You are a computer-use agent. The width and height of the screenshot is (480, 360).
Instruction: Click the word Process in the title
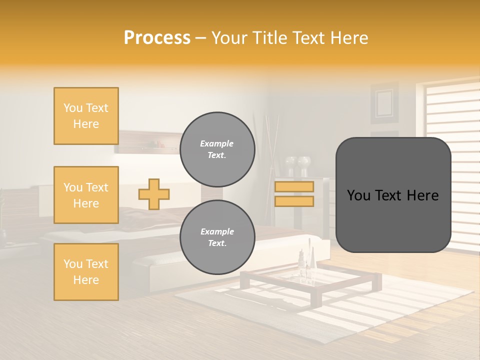pyautogui.click(x=157, y=38)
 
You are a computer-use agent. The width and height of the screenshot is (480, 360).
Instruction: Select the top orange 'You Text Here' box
pyautogui.click(x=86, y=116)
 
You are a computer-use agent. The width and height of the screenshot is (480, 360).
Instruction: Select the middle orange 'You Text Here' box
pyautogui.click(x=86, y=195)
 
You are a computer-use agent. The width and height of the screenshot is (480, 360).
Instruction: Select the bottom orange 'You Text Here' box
pyautogui.click(x=86, y=272)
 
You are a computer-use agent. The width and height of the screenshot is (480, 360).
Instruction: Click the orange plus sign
pyautogui.click(x=154, y=194)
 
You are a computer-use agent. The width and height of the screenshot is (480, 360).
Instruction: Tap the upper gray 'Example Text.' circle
pyautogui.click(x=217, y=149)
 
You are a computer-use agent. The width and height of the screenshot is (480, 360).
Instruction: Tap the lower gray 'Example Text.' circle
pyautogui.click(x=217, y=237)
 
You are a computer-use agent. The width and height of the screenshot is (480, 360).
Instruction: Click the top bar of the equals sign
pyautogui.click(x=294, y=186)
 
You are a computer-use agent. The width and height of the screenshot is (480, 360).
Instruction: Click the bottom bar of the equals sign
pyautogui.click(x=294, y=201)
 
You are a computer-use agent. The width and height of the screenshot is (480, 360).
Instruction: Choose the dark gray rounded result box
pyautogui.click(x=393, y=195)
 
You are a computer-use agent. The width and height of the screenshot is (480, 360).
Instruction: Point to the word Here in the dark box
pyautogui.click(x=421, y=195)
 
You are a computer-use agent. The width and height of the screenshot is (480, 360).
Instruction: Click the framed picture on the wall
pyautogui.click(x=384, y=103)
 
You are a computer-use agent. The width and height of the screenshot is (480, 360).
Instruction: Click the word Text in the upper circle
pyautogui.click(x=216, y=155)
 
